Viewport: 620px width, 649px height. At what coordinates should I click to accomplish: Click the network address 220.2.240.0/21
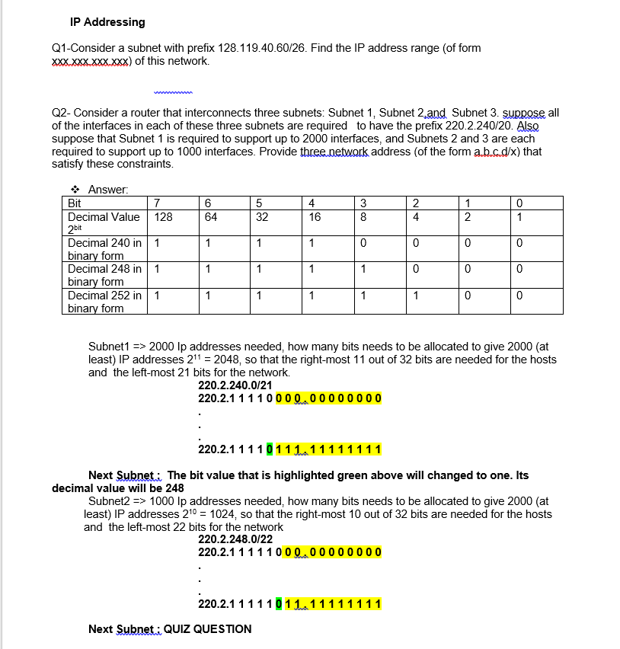tap(235, 385)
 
